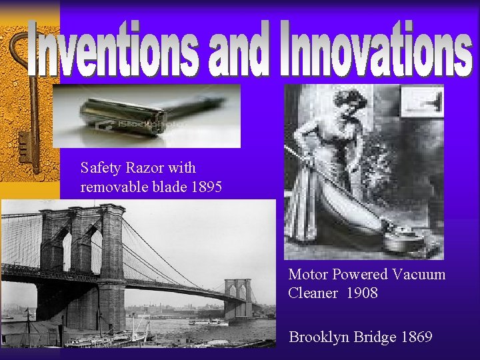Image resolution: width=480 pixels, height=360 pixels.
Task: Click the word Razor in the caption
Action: point(147,168)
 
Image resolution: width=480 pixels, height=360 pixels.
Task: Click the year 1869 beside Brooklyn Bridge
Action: point(416,337)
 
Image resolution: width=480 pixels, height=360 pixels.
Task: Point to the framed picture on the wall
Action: point(422,101)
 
